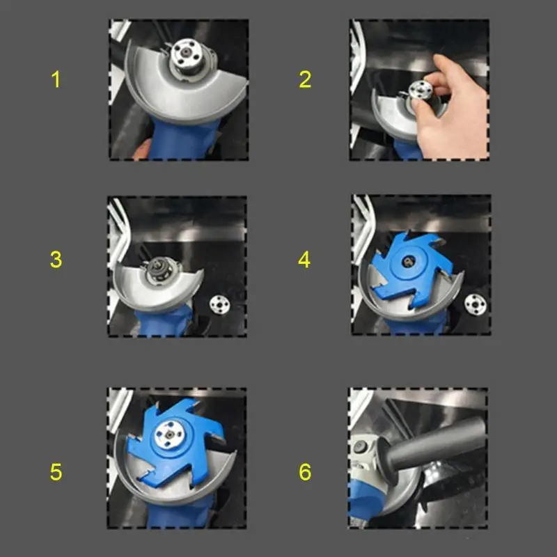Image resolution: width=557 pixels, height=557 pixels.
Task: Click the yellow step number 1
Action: tap(56, 79)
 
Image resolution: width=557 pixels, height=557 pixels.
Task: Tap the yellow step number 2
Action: tap(305, 79)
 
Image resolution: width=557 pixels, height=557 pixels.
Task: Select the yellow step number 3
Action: tap(56, 259)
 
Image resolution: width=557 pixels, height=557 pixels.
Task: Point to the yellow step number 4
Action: tap(304, 259)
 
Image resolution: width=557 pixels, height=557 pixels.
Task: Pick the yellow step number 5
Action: tap(56, 472)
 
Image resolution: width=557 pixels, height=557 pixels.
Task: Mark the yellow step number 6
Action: tap(305, 472)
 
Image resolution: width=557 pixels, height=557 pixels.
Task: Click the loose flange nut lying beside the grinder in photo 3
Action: tap(219, 304)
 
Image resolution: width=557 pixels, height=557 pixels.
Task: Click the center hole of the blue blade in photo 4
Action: tap(408, 262)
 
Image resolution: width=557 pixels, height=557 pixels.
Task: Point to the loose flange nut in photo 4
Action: tap(476, 304)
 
